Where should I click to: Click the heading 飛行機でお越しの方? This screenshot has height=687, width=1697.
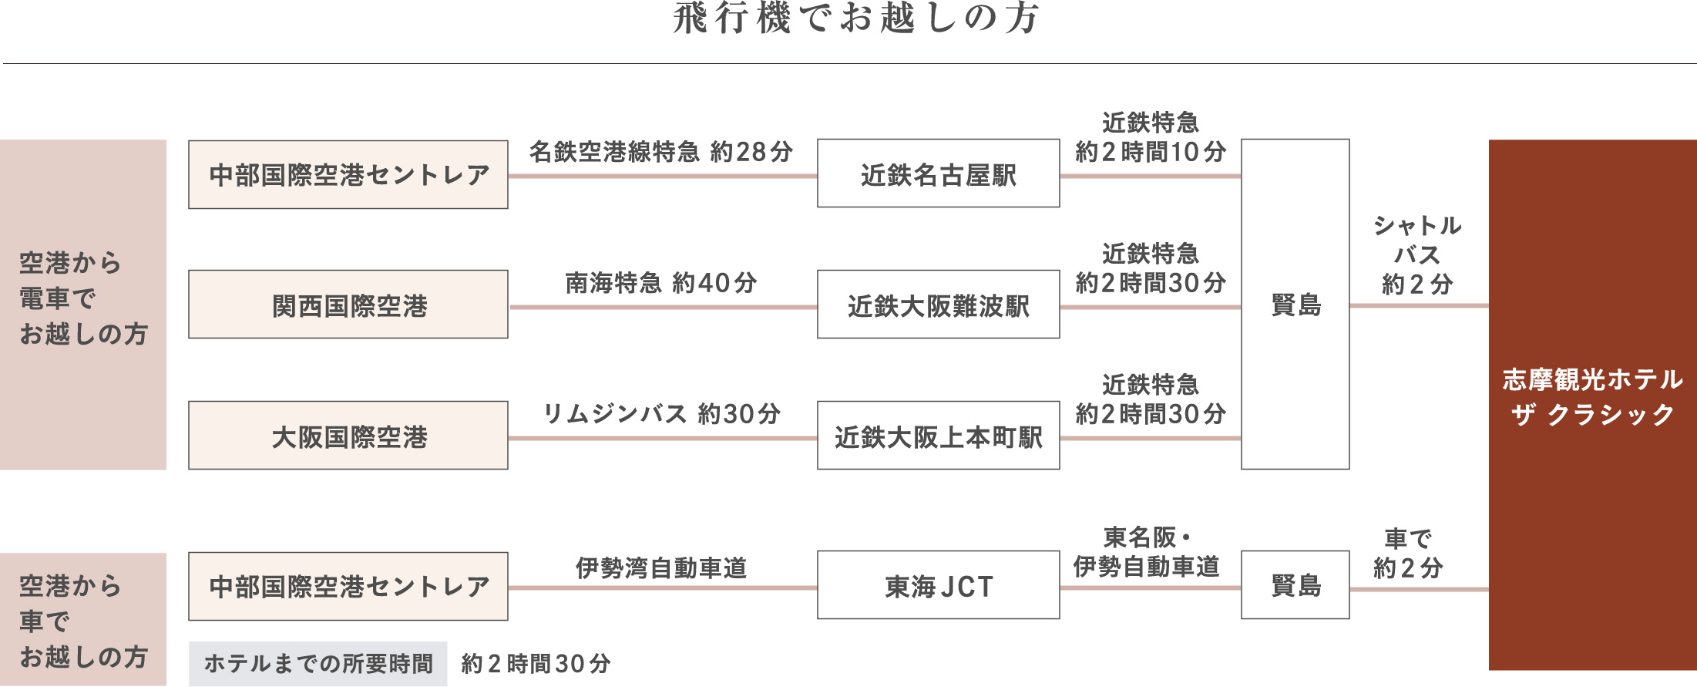tap(856, 19)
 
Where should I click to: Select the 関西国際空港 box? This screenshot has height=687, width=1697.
tap(348, 305)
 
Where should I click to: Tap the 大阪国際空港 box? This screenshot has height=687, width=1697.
tap(348, 436)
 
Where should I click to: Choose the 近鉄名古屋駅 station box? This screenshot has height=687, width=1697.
tap(938, 174)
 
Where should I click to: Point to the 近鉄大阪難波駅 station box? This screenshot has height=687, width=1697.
tap(938, 305)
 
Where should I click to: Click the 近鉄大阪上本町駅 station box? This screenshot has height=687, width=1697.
tap(938, 436)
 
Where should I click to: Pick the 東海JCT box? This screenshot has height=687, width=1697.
tap(938, 585)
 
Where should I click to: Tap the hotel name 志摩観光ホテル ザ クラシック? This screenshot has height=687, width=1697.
tap(1592, 397)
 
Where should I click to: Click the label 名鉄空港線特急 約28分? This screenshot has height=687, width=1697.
tap(660, 152)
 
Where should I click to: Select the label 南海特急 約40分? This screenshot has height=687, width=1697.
tap(660, 283)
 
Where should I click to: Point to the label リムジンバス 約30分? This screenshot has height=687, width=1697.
tap(660, 414)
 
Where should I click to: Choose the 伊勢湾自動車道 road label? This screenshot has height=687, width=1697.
tap(660, 568)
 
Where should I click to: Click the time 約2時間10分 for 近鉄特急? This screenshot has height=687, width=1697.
tap(1150, 152)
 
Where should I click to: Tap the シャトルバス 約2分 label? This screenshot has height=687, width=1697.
tap(1416, 255)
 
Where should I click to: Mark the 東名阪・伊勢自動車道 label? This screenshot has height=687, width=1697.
tap(1146, 552)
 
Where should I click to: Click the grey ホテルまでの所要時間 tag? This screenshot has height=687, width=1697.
tap(318, 664)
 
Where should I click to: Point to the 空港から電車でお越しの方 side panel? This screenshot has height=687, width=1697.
tap(83, 305)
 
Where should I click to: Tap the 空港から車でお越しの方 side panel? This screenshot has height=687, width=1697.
tap(83, 620)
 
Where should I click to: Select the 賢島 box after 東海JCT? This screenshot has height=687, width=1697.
tap(1295, 585)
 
